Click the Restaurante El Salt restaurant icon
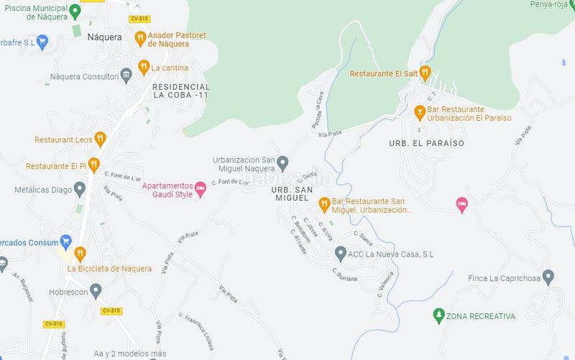point(425,73)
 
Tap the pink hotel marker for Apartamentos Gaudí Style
point(201,188)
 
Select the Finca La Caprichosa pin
point(548,277)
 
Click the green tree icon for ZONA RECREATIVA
point(438,315)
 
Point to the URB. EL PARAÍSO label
point(427,143)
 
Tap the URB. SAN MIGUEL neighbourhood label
point(290,193)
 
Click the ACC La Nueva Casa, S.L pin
point(341,253)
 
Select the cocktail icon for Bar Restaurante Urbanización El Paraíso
point(420,112)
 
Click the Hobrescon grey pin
point(96,291)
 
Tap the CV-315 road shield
point(111,310)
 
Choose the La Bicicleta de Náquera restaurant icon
point(80,254)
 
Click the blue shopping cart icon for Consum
point(66,241)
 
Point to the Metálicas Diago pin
point(79,189)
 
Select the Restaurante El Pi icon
point(93,165)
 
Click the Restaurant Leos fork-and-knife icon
point(100,139)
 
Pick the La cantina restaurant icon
point(144,68)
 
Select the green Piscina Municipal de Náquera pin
point(75,11)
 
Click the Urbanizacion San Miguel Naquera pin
point(283,163)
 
